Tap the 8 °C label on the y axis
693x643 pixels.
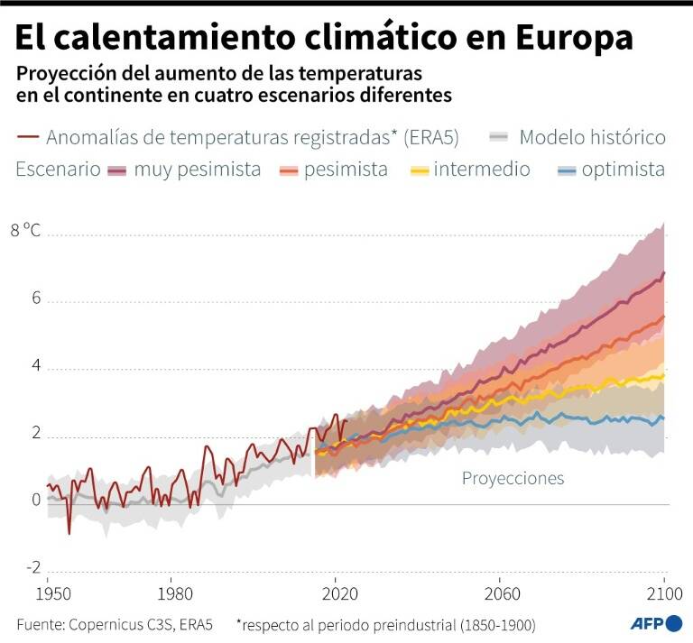pos(27,229)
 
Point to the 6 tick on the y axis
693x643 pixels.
pos(37,299)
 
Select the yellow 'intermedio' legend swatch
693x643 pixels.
pos(419,170)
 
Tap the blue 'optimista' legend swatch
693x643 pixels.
pos(566,170)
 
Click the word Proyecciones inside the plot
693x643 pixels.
pos(513,478)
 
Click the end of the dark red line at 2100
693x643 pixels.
pos(664,272)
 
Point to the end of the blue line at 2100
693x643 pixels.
pos(664,418)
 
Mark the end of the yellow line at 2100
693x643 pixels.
pos(664,375)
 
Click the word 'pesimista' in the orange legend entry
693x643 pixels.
pos(346,170)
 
